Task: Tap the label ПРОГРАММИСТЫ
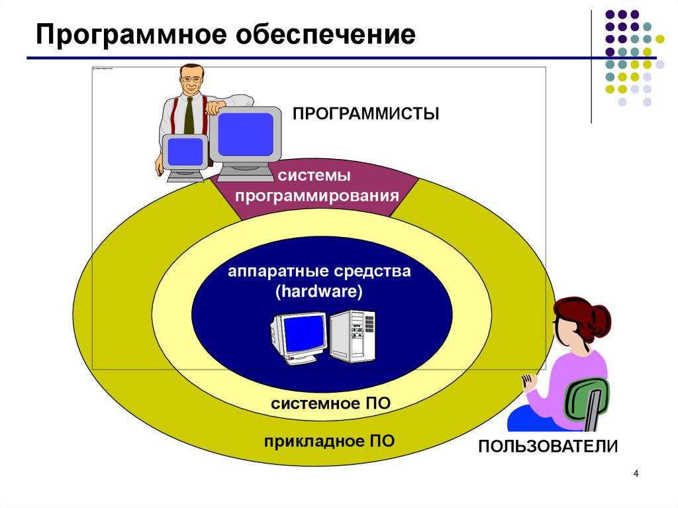pyautogui.click(x=366, y=114)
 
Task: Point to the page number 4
pyautogui.click(x=636, y=474)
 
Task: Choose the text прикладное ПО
pyautogui.click(x=329, y=441)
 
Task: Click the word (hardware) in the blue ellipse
pyautogui.click(x=320, y=291)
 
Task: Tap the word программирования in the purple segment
pyautogui.click(x=318, y=196)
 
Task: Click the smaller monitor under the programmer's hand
pyautogui.click(x=185, y=153)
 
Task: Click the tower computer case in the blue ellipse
pyautogui.click(x=353, y=335)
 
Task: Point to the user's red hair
pyautogui.click(x=582, y=317)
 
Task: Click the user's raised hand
pyautogui.click(x=528, y=383)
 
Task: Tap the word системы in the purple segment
pyautogui.click(x=314, y=176)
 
